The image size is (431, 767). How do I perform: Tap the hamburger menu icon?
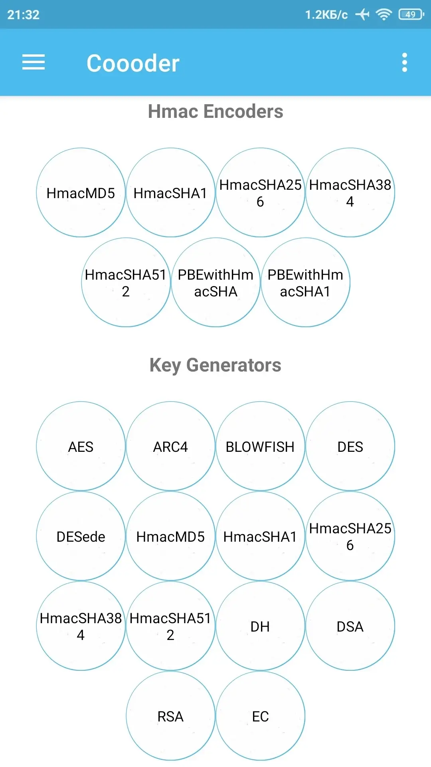pos(34,62)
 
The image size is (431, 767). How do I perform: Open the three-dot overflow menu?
pos(405,63)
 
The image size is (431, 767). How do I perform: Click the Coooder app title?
pos(133,63)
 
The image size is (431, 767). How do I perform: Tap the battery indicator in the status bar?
pos(411,15)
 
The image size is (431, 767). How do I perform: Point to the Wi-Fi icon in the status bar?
pos(384,15)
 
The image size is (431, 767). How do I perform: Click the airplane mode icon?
pos(362,15)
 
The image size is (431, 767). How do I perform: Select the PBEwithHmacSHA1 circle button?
pos(306,282)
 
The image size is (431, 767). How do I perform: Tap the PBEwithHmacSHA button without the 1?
pos(216,282)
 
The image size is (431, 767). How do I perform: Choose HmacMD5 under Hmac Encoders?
pos(81,193)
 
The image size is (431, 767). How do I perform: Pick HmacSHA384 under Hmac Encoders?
pos(350,193)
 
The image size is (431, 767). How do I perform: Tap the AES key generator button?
pos(81,446)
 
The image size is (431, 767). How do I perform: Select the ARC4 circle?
pos(171,446)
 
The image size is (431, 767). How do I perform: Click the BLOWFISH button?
pos(261,446)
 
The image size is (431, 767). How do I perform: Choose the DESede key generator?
pos(81,536)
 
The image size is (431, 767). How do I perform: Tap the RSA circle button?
pos(171,716)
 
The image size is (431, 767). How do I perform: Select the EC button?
pos(261,716)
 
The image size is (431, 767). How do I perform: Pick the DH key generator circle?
pos(261,626)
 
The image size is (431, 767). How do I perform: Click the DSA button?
pos(350,626)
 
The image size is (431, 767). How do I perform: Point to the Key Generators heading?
pos(215,365)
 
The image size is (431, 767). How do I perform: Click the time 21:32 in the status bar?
pos(24,15)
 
